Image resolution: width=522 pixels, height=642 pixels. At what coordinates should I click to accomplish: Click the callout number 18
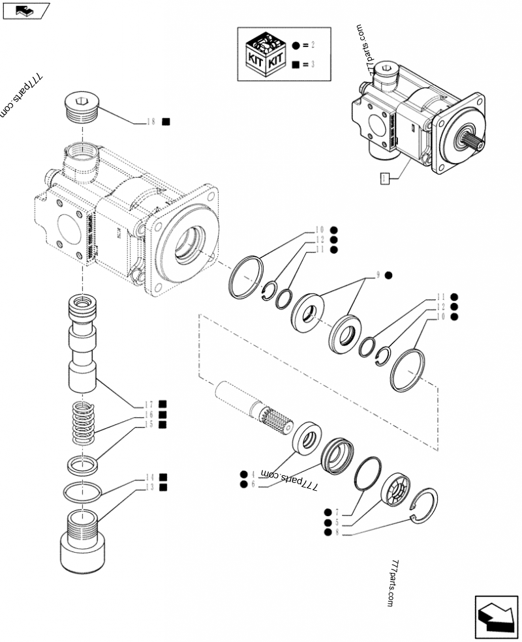coord(151,122)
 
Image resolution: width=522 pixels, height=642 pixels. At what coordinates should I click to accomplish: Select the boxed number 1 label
coord(385,177)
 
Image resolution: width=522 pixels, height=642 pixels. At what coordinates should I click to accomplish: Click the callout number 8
coord(337,533)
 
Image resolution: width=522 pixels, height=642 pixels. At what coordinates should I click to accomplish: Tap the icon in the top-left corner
coord(26,11)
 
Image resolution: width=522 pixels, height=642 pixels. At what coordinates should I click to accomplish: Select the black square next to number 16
coord(162,414)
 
